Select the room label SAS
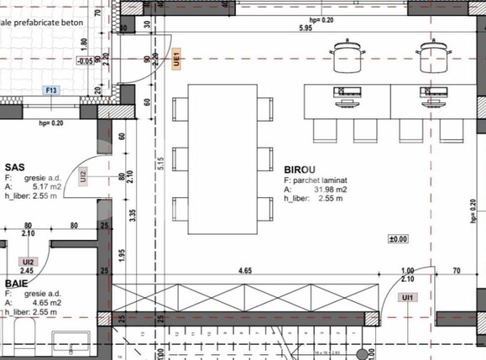coord(15,167)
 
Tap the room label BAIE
coord(18,284)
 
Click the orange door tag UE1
coord(176,59)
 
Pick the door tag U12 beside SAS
coord(83,176)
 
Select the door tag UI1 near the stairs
coord(409,298)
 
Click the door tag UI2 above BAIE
coord(29,262)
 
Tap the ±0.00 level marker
coord(397,239)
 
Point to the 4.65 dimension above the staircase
coord(244,271)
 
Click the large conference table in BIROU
coord(222,159)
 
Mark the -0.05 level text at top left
coord(84,61)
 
